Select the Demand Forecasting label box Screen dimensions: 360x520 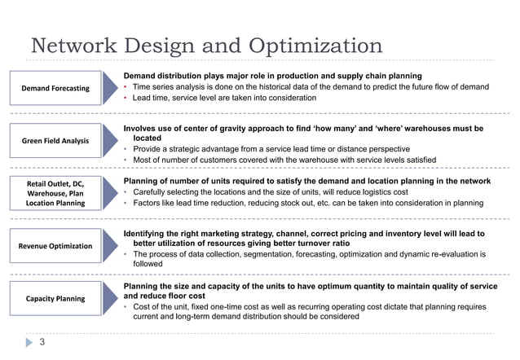[x=55, y=88]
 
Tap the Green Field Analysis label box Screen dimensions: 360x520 [x=55, y=141]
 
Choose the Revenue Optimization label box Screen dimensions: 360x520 [x=55, y=245]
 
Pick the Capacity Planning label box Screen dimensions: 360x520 [x=55, y=299]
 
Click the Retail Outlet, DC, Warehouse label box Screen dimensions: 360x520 [x=55, y=192]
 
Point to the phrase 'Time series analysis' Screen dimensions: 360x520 [x=169, y=87]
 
